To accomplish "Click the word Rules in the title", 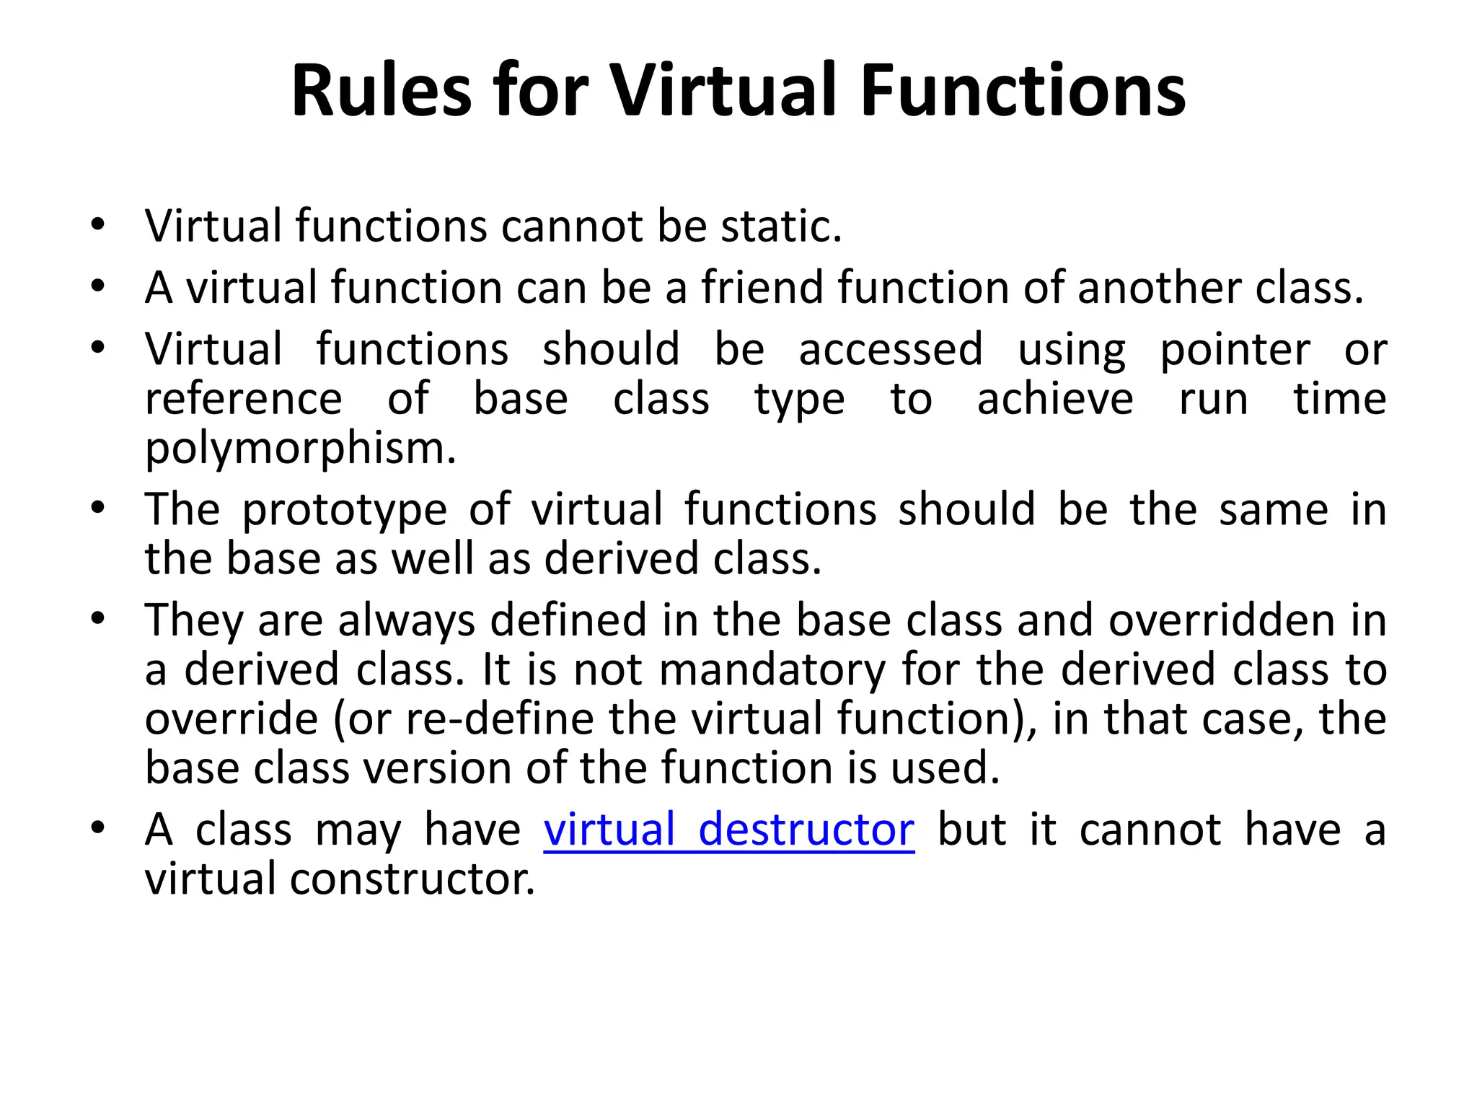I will [381, 91].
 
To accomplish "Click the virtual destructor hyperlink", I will [728, 830].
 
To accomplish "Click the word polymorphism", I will [301, 449].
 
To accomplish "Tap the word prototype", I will [344, 510].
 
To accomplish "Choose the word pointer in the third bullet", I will [1234, 351].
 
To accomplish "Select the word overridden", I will [1222, 621].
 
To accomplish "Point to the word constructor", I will [413, 879].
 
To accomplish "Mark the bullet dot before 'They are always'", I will [98, 619].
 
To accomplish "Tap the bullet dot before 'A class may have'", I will [98, 827].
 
